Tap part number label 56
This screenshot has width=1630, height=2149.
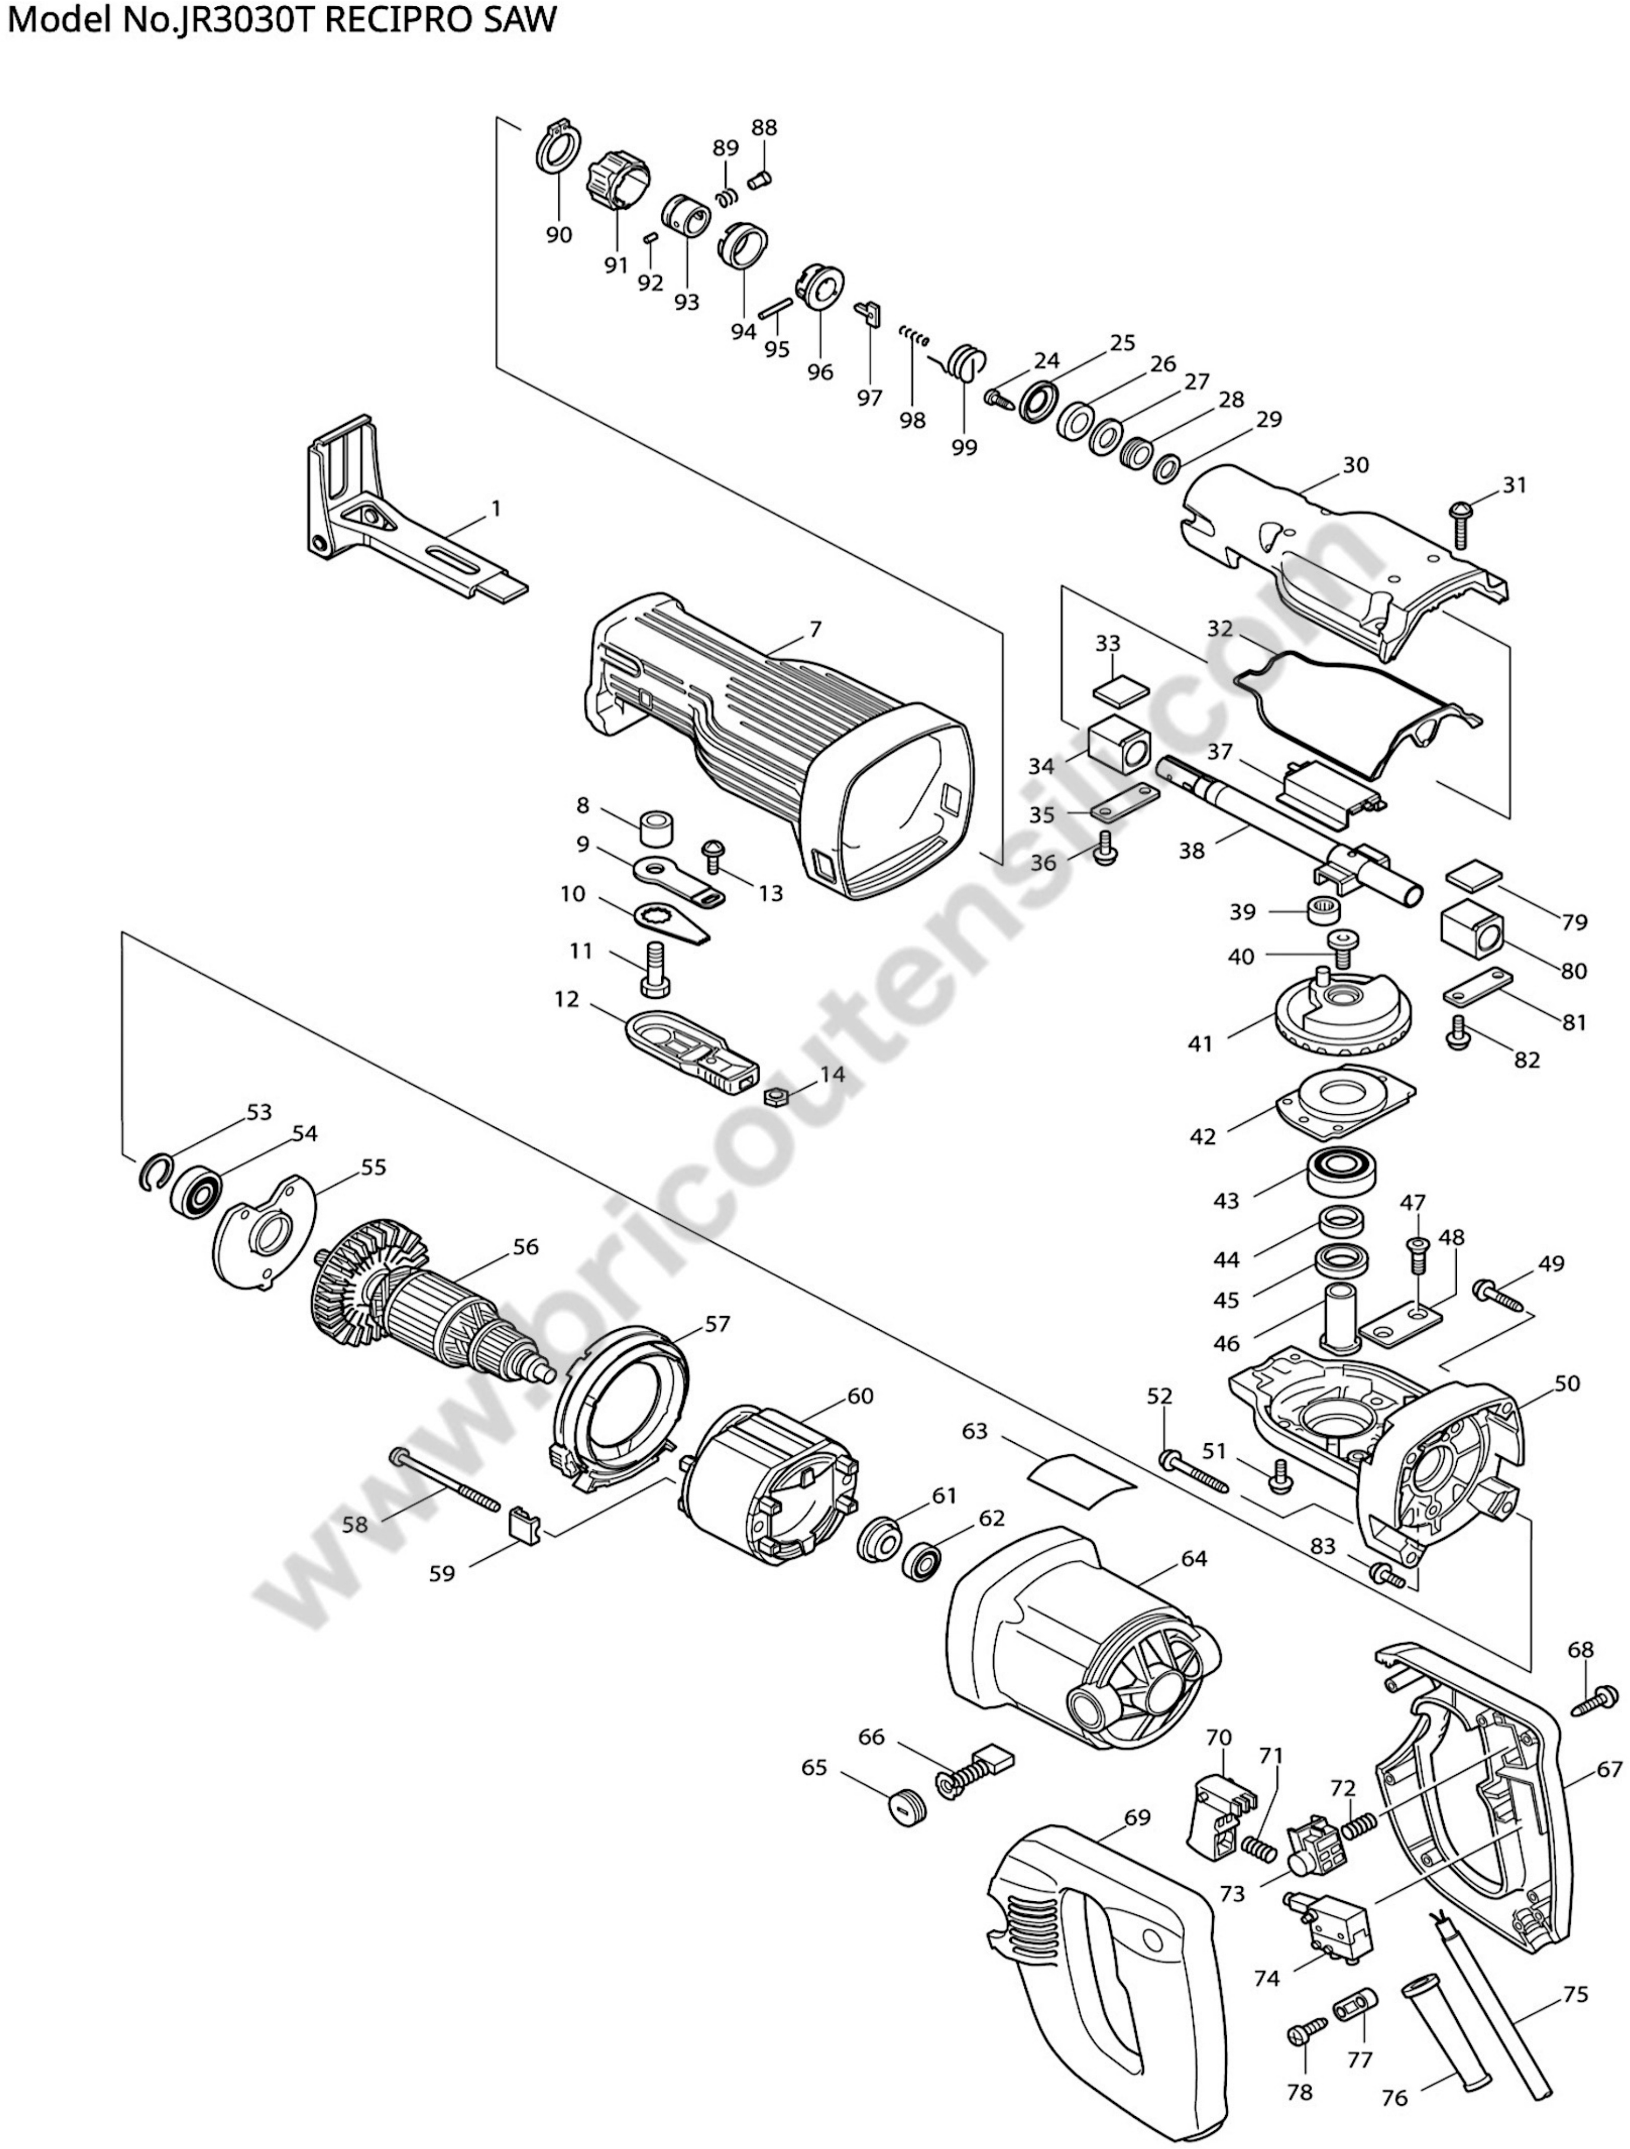pos(525,1247)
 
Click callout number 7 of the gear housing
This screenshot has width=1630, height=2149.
pos(815,630)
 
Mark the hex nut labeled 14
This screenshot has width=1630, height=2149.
pos(775,1097)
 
